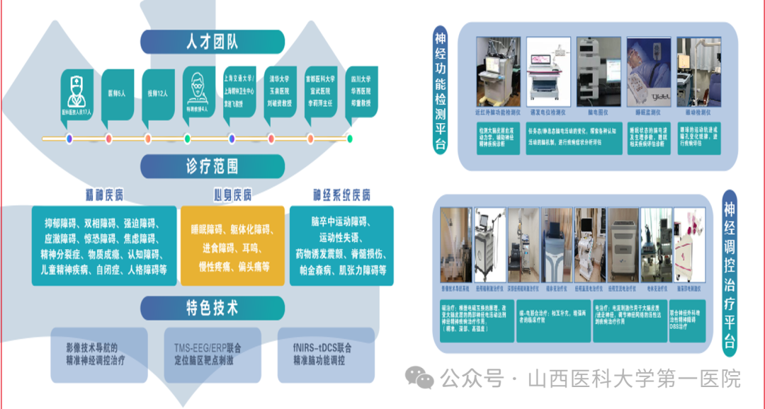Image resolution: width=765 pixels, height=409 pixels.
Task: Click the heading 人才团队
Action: click(212, 42)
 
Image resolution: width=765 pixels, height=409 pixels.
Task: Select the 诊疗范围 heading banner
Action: click(212, 166)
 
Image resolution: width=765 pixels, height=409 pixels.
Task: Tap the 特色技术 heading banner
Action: click(212, 309)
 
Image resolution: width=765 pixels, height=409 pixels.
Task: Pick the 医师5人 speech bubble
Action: click(117, 93)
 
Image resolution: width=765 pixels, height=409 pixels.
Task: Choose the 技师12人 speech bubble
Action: click(157, 93)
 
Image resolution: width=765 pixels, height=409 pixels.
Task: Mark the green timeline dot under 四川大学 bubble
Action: click(350, 139)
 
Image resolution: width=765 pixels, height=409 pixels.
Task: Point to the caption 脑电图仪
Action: click(599, 112)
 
